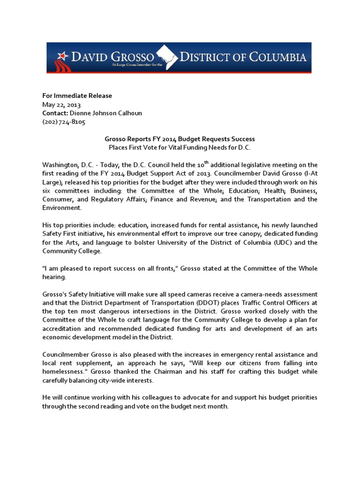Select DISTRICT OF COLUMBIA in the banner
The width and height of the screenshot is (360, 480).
244,57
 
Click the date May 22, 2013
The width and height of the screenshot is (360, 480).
61,105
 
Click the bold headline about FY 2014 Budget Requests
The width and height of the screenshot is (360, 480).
180,139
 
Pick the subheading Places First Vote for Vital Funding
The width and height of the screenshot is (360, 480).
180,148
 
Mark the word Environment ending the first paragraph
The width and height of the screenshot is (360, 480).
61,208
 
